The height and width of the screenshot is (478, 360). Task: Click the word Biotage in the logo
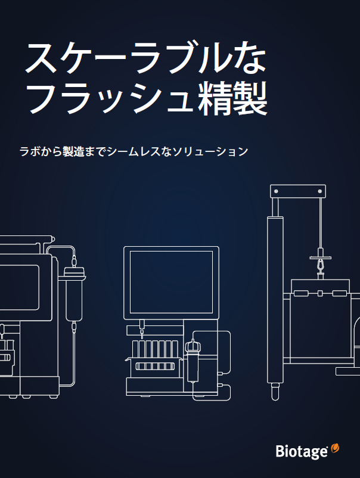[302, 451]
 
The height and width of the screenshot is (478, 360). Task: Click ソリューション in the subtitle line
[209, 151]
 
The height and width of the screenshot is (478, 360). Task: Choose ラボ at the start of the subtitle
[27, 151]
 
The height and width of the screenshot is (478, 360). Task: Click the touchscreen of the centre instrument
[171, 281]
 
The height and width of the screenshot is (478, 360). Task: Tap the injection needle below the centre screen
[142, 327]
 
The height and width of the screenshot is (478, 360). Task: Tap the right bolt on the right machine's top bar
[320, 191]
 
